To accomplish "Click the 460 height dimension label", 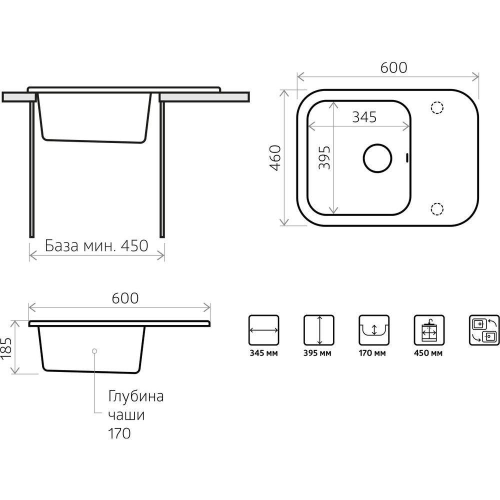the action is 275,158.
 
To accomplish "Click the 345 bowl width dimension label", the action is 364,117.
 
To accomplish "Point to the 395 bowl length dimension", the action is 324,158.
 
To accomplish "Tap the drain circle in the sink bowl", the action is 377,158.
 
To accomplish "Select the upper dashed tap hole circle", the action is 437,107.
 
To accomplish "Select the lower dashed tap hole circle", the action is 437,209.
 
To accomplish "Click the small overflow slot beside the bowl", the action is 406,158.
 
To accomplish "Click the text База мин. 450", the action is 96,246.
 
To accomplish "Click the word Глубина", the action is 136,396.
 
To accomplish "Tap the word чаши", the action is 126,415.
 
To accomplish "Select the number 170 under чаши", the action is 119,433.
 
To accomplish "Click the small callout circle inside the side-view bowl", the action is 94,351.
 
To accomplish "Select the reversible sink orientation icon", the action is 484,330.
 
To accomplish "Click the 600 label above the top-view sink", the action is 394,67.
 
